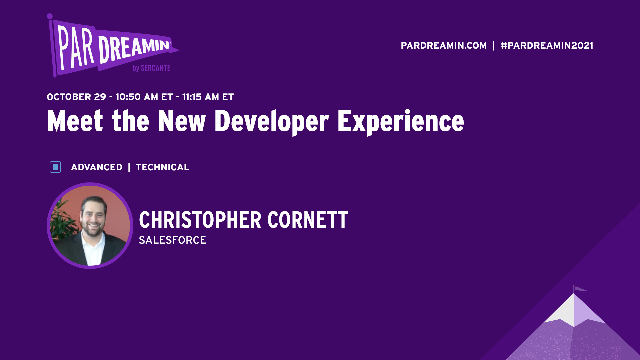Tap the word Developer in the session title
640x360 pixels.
coord(271,121)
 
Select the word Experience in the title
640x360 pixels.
coord(400,121)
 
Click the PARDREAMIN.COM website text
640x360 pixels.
coord(443,46)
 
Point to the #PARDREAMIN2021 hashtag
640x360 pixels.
coord(547,46)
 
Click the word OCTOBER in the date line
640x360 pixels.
coord(69,97)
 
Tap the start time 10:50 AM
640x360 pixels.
coord(137,97)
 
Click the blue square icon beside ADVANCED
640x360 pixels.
coord(55,167)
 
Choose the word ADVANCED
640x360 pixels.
coord(97,167)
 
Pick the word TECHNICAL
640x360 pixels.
coord(162,167)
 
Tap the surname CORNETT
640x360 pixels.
coord(308,220)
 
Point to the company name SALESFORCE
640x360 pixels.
coord(172,240)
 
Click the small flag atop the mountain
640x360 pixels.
coord(579,289)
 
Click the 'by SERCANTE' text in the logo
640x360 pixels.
coord(151,68)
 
